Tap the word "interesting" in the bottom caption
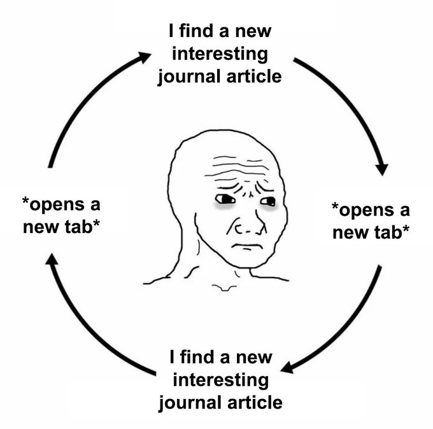220,380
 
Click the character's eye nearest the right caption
268,202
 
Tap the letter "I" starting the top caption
171,30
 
